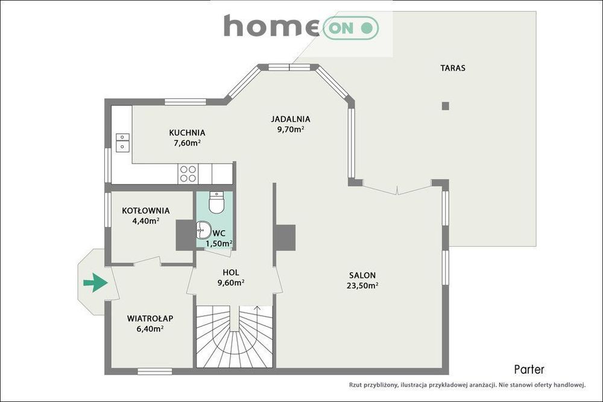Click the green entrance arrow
click(95, 283)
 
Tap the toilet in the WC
click(216, 202)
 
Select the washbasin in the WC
click(203, 230)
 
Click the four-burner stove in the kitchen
click(188, 174)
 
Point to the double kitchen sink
click(122, 142)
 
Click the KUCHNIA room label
click(187, 133)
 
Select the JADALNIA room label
click(291, 119)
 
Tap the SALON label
click(362, 275)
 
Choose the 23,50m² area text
click(362, 286)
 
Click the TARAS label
click(453, 68)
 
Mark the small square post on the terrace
click(446, 105)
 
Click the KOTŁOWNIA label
click(146, 210)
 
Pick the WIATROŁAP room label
click(150, 318)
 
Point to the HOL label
click(231, 272)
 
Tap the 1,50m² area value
click(219, 243)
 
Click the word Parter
click(529, 369)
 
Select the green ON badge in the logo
click(351, 28)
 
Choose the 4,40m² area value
click(146, 221)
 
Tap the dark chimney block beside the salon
click(285, 237)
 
